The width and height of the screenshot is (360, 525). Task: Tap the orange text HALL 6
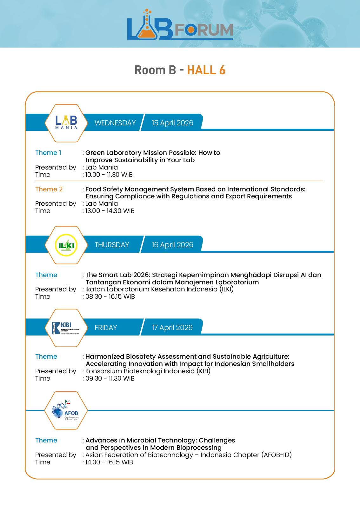coord(206,70)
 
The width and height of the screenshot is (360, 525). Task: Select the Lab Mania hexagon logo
coord(66,123)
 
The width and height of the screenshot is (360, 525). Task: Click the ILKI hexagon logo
coord(66,245)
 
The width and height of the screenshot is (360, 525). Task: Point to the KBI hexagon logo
coord(66,328)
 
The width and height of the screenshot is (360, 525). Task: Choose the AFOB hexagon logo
coord(66,410)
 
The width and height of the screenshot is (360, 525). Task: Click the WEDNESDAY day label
coord(115,123)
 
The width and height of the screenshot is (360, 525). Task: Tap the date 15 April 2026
coord(172,123)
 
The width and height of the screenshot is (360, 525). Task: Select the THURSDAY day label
coord(112,245)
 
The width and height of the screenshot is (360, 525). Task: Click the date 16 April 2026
coord(172,245)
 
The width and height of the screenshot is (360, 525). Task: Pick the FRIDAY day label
coord(106,328)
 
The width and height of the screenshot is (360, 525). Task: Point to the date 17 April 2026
coord(172,328)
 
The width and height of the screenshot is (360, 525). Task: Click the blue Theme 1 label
coord(48,153)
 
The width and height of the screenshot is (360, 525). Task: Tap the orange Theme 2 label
coord(49,189)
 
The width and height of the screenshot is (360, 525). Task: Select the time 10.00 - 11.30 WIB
coord(109,175)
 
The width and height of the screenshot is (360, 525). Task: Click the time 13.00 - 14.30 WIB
coord(110,211)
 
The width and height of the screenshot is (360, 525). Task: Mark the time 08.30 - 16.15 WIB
coord(110,296)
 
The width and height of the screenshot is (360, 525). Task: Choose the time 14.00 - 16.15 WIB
coord(109,462)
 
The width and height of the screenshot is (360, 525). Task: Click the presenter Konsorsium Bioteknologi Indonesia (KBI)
coord(148,371)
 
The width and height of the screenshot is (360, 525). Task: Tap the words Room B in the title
coord(155,70)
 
